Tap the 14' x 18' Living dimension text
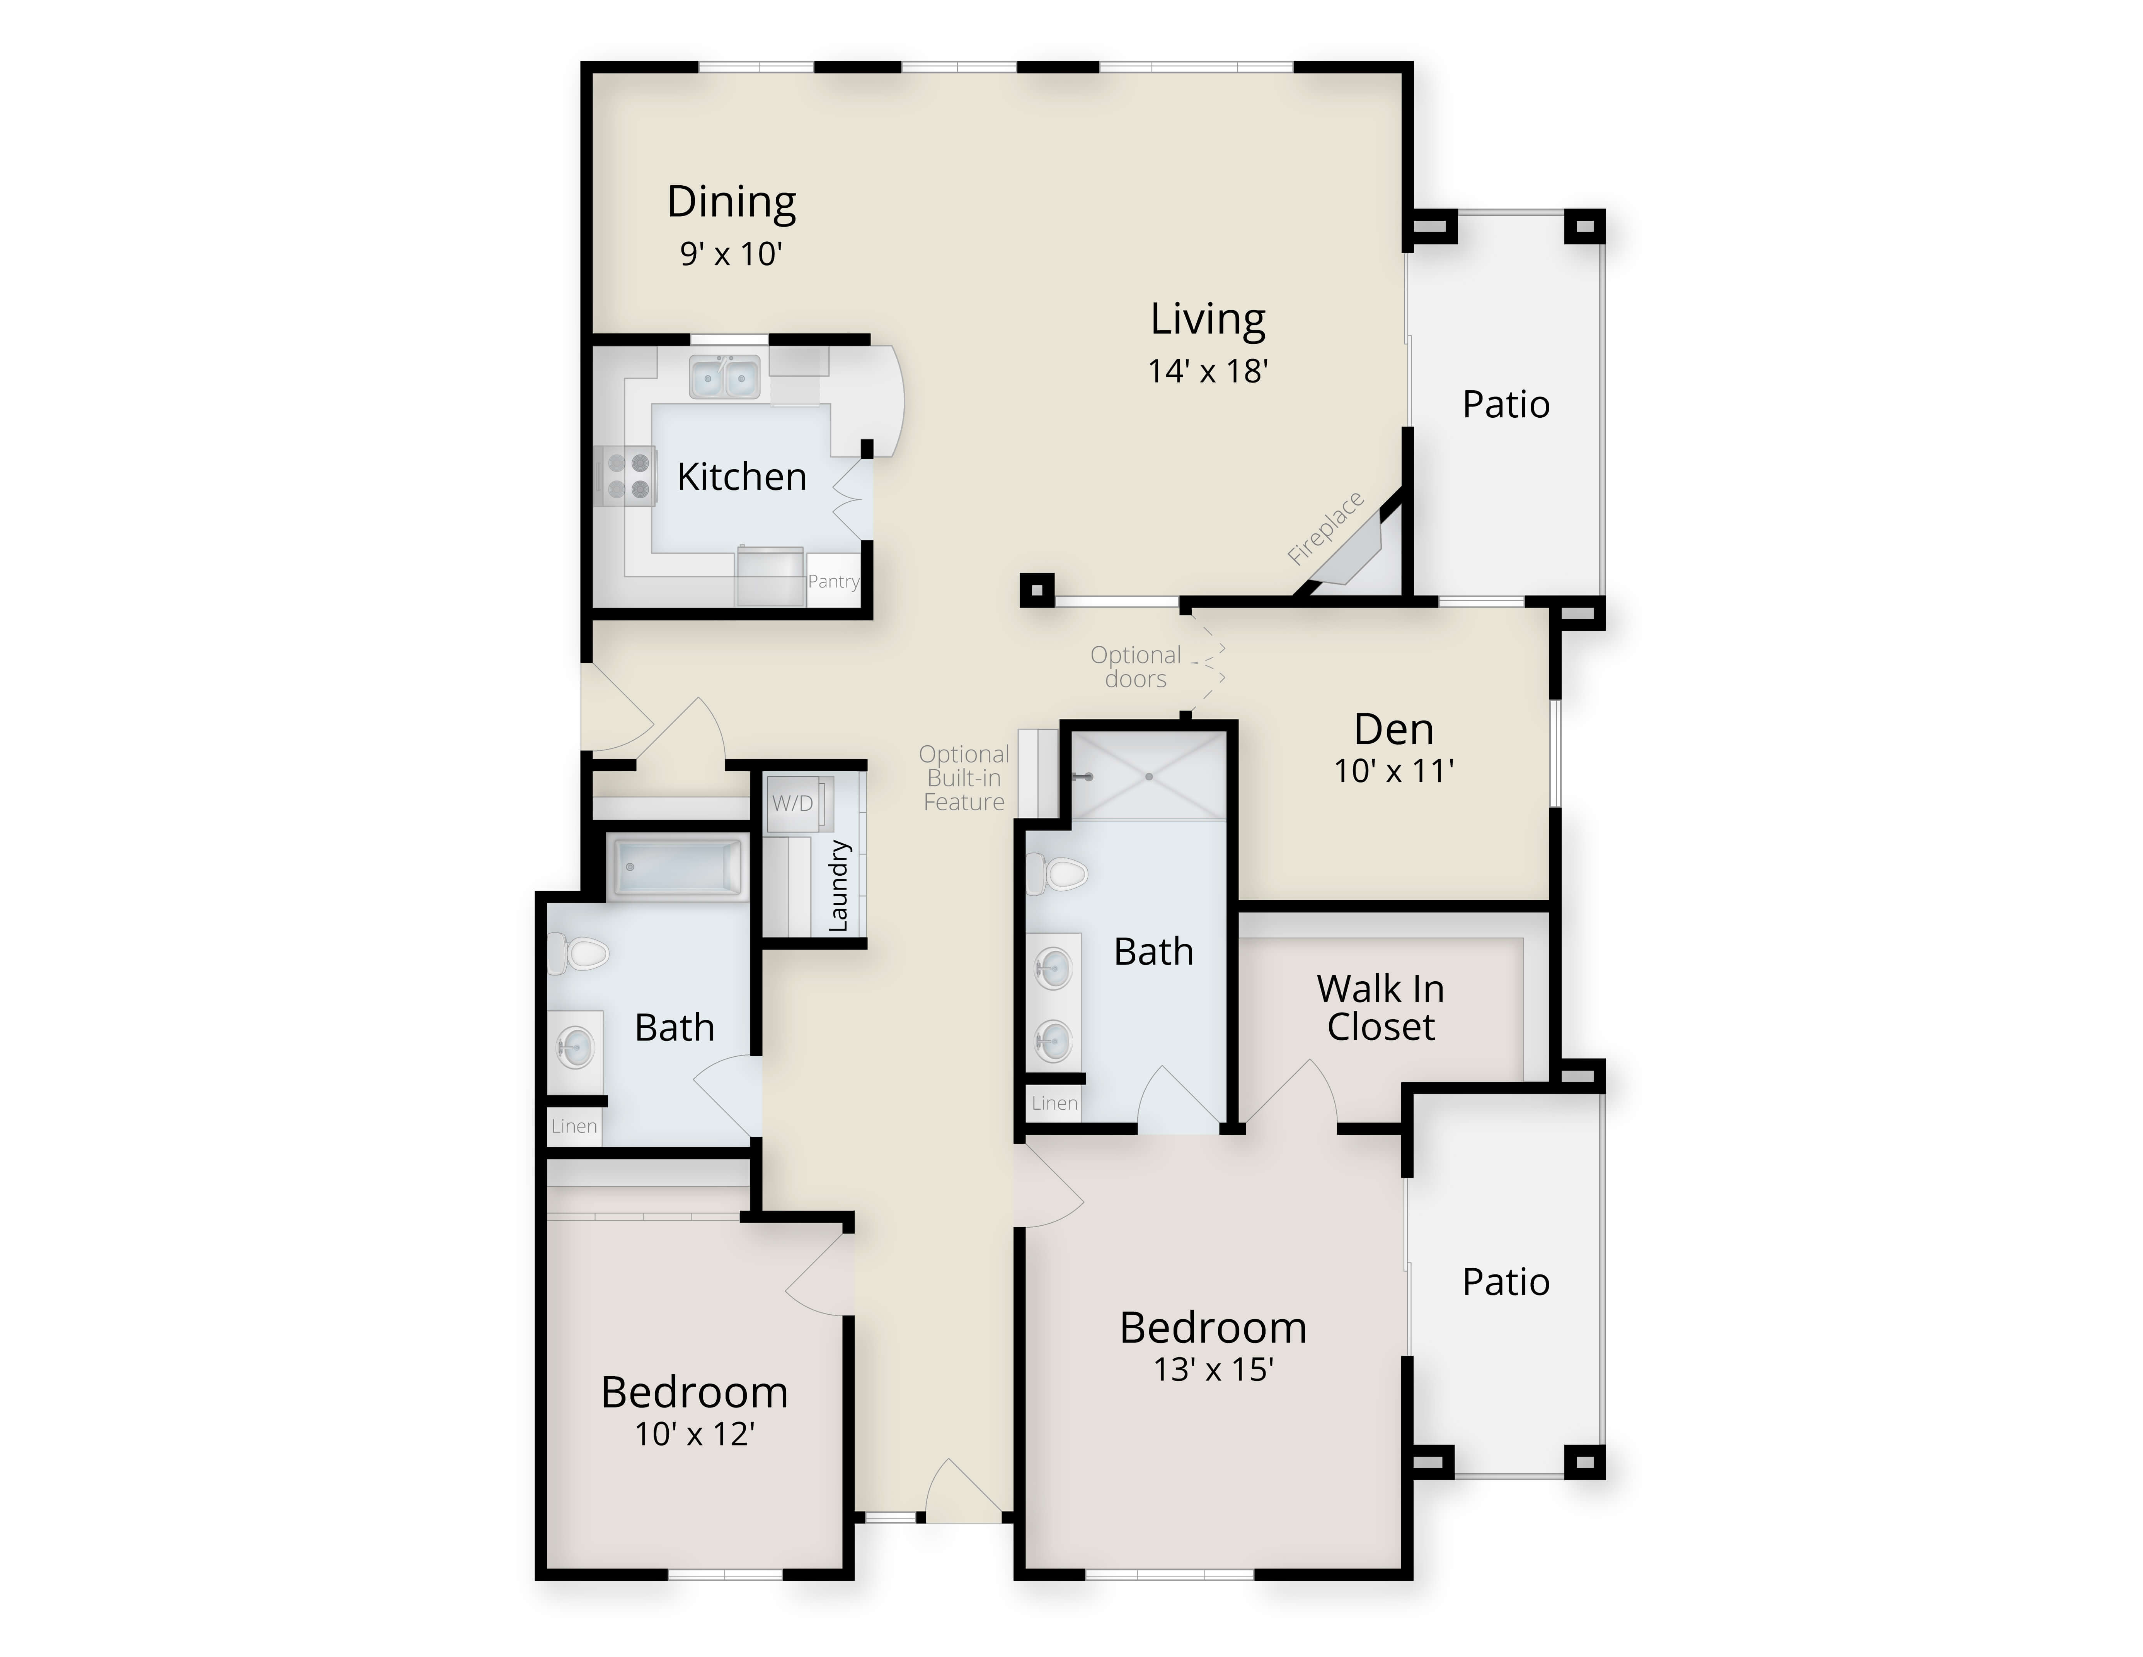(x=1208, y=371)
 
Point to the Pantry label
(x=833, y=581)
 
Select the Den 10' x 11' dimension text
(x=1393, y=772)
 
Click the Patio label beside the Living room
(x=1506, y=405)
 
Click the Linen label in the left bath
(x=574, y=1126)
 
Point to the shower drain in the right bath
(x=1148, y=776)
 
